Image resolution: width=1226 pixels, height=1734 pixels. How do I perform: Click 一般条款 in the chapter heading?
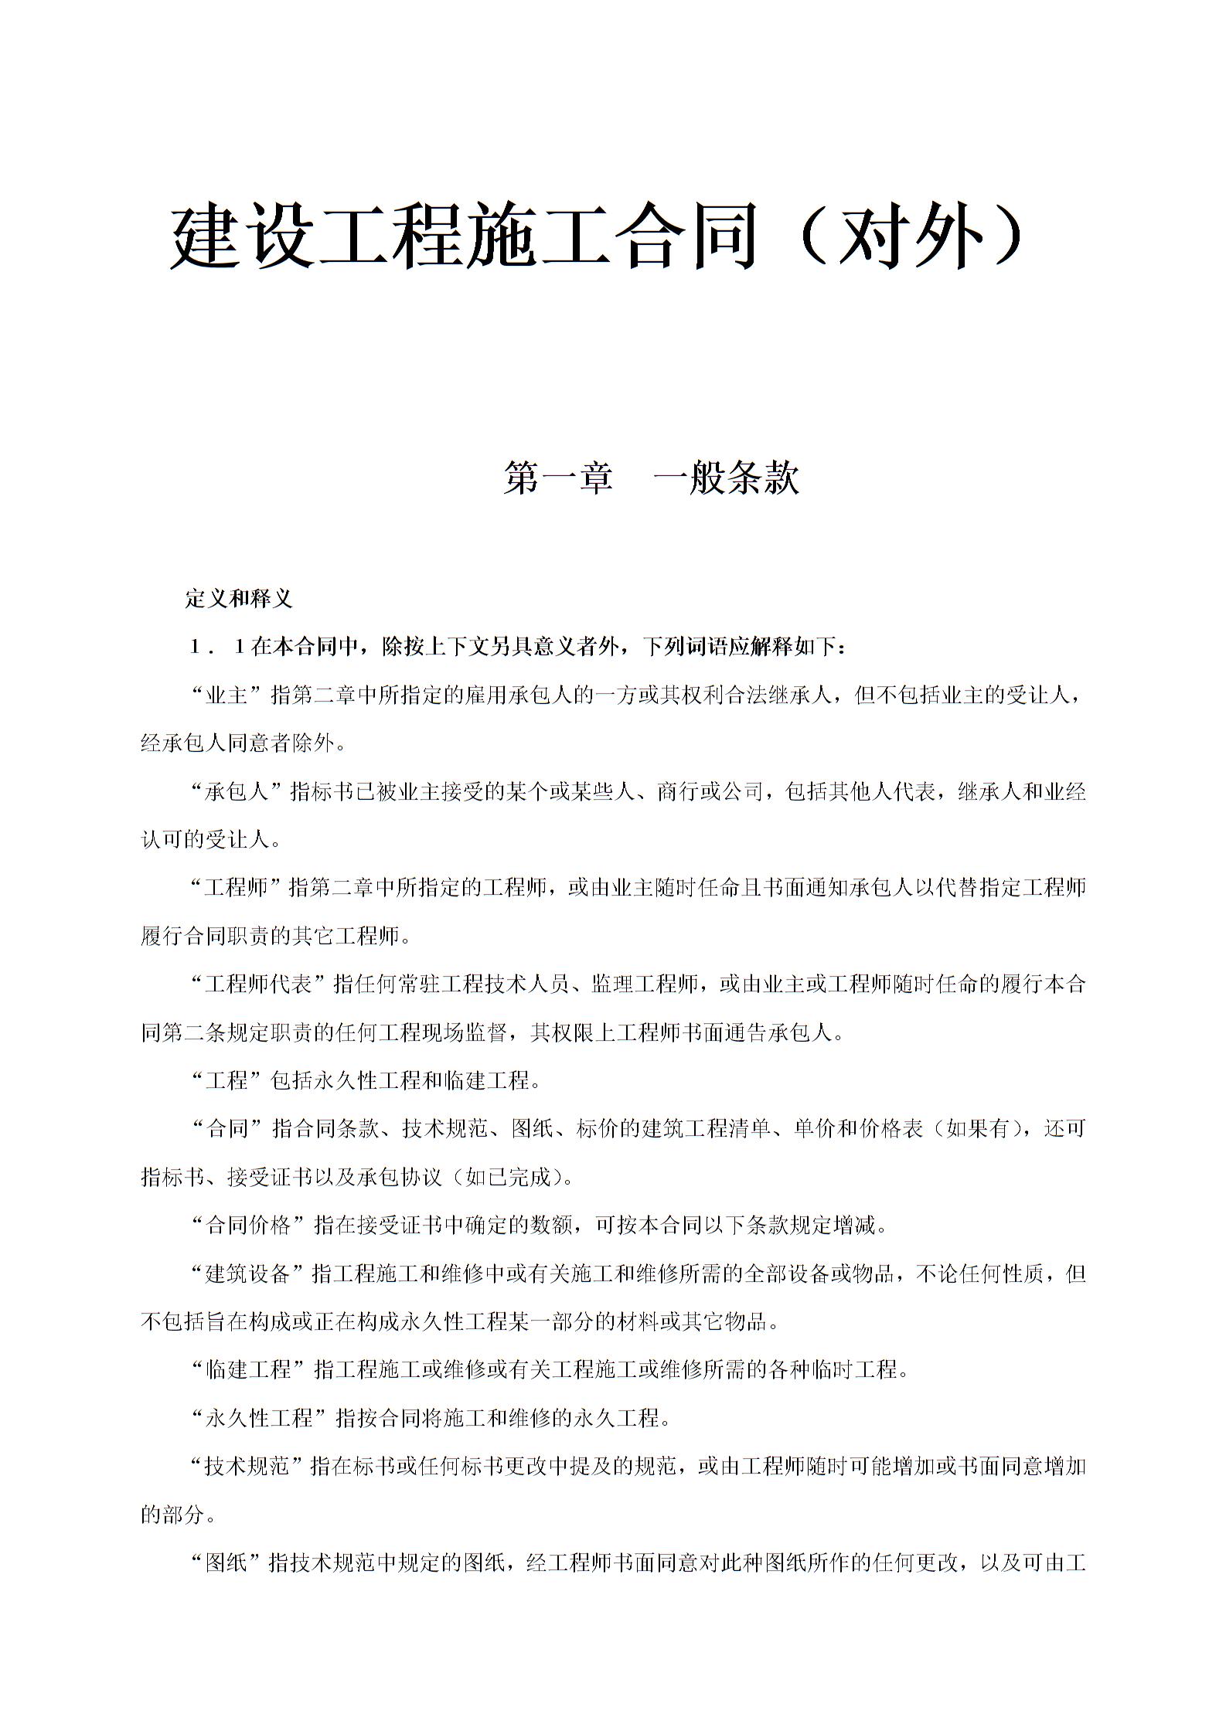tap(726, 478)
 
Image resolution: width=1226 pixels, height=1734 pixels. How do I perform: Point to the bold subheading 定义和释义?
tap(238, 599)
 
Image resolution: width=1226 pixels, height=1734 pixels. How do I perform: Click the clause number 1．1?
tap(217, 647)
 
